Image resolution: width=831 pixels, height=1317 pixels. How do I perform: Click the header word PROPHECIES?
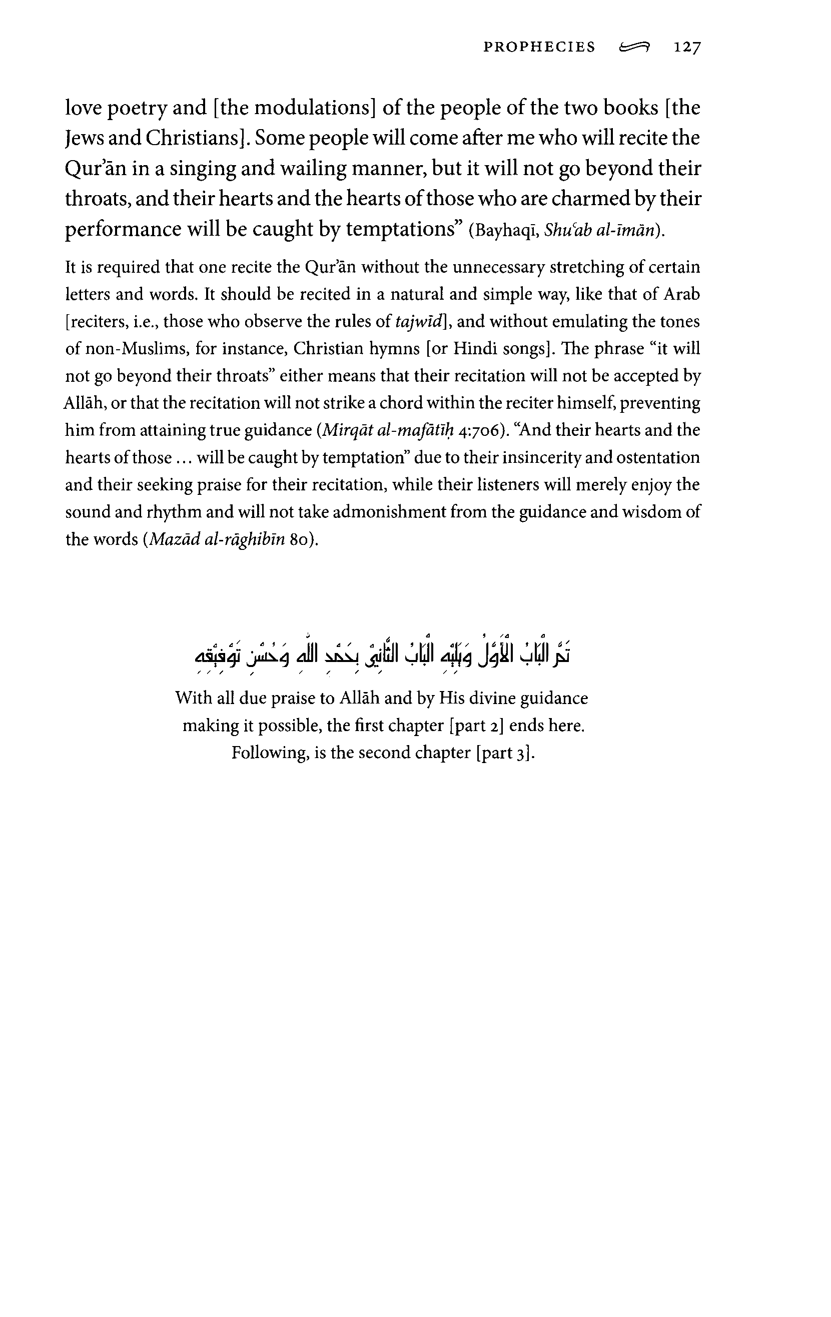click(539, 47)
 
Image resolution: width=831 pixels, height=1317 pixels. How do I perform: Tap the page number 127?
click(687, 48)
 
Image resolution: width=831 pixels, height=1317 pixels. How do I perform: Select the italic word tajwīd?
click(417, 322)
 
